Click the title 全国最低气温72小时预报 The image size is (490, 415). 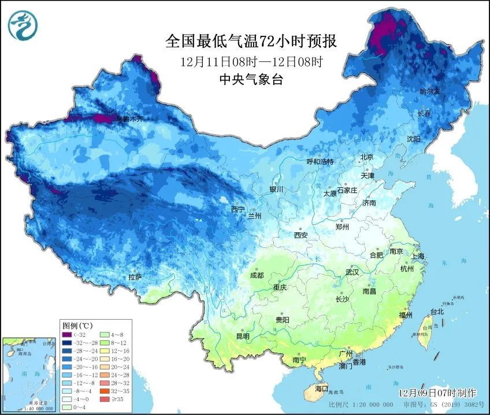click(251, 42)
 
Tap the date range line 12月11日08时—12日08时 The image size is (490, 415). click(251, 61)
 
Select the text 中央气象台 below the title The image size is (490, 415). click(251, 80)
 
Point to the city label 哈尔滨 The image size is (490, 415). click(429, 92)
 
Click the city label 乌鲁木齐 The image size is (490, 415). click(129, 118)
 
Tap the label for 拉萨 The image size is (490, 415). click(135, 277)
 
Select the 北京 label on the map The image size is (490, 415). click(367, 157)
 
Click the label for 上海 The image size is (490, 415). click(418, 256)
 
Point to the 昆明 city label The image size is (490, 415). click(242, 336)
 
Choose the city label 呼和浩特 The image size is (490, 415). click(320, 162)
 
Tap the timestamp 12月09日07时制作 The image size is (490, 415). click(437, 392)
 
